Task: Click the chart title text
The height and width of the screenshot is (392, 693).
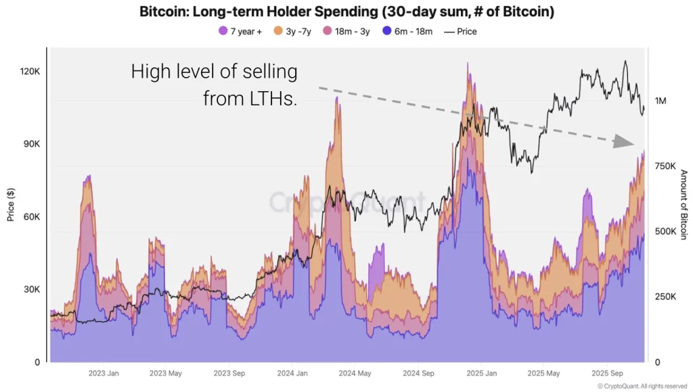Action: pos(346,11)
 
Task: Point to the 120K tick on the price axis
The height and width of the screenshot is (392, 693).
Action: pos(30,72)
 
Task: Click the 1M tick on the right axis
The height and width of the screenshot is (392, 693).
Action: pos(661,101)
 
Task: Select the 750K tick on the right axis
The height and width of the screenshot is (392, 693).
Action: pos(666,166)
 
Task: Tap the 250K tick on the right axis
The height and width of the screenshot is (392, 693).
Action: pos(666,297)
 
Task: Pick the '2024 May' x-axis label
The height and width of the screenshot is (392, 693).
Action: pos(354,372)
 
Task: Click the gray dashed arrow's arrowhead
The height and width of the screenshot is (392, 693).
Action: pos(622,141)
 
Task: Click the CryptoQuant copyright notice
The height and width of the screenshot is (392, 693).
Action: pos(642,386)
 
